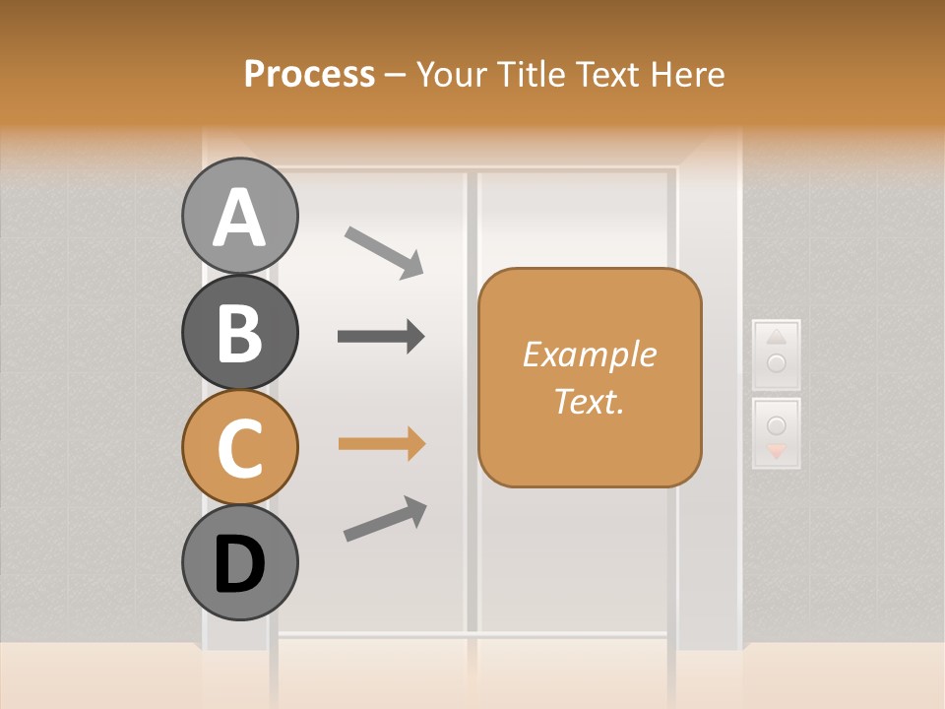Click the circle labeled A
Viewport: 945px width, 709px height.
tap(240, 216)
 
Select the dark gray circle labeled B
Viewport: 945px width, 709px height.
tap(240, 332)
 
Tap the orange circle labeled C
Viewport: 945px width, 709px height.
tap(240, 447)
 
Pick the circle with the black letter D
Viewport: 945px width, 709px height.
tap(240, 563)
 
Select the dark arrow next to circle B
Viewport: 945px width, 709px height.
tap(381, 337)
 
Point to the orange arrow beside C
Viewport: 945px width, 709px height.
tap(381, 444)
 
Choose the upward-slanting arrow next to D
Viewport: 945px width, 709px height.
tap(385, 519)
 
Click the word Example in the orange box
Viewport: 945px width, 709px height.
tap(589, 354)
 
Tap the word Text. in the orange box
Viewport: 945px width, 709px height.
tap(589, 401)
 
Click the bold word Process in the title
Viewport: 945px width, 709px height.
tap(309, 74)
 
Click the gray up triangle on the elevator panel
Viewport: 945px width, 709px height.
tap(776, 336)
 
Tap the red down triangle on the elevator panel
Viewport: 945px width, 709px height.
tap(777, 451)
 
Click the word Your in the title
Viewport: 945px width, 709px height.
tap(451, 74)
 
